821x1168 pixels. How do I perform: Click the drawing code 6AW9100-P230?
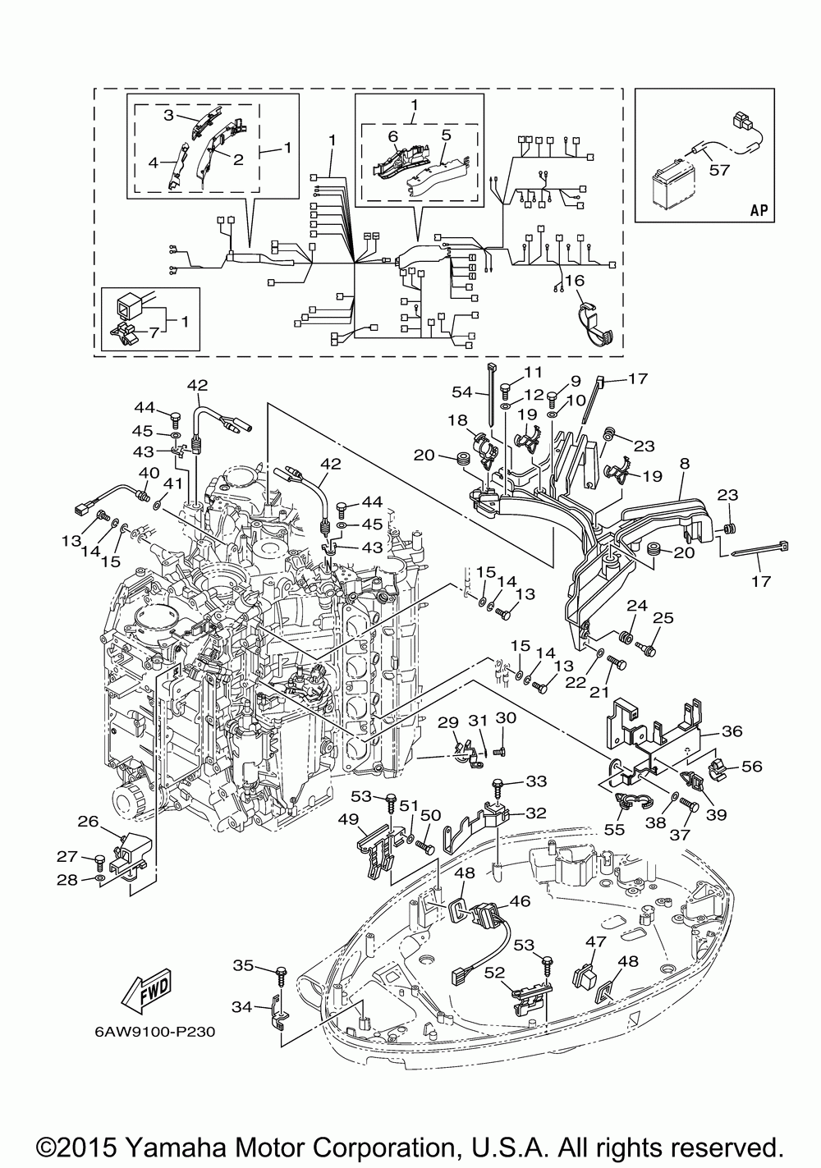[x=155, y=1032]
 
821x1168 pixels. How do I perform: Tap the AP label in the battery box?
[x=759, y=211]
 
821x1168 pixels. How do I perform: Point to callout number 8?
[x=684, y=463]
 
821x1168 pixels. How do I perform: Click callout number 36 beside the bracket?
[x=732, y=731]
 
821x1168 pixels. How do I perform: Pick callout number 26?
[x=88, y=822]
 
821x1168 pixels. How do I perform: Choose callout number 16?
[x=574, y=281]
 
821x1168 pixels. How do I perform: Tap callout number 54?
[x=461, y=392]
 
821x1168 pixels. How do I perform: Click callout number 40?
[x=149, y=474]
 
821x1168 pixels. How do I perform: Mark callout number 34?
[x=242, y=1007]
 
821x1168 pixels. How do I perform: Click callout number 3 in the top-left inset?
[x=168, y=115]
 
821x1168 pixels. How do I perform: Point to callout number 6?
[x=392, y=136]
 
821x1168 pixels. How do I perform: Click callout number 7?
[x=154, y=332]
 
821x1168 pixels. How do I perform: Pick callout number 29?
[x=447, y=722]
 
